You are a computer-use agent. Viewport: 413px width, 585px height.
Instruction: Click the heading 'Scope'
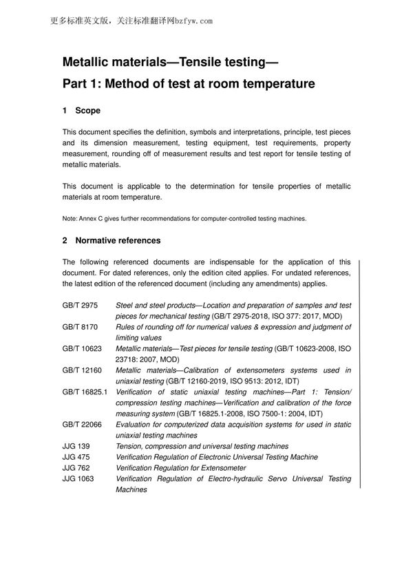(87, 111)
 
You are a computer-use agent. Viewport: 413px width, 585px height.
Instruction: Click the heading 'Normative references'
(118, 241)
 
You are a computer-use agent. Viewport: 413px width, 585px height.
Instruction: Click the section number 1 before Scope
(65, 111)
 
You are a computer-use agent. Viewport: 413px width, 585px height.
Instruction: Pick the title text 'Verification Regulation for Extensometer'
(182, 468)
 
